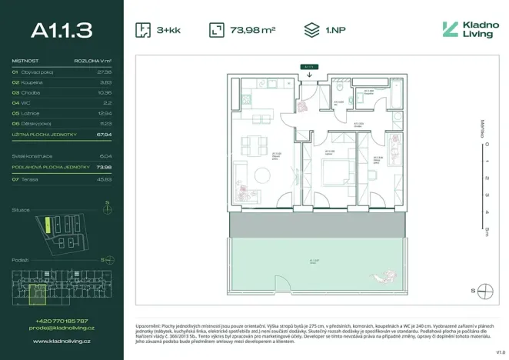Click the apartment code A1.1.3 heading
62,30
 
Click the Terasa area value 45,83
105,179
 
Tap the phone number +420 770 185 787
62,320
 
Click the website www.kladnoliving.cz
62,339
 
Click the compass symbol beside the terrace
484,290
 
